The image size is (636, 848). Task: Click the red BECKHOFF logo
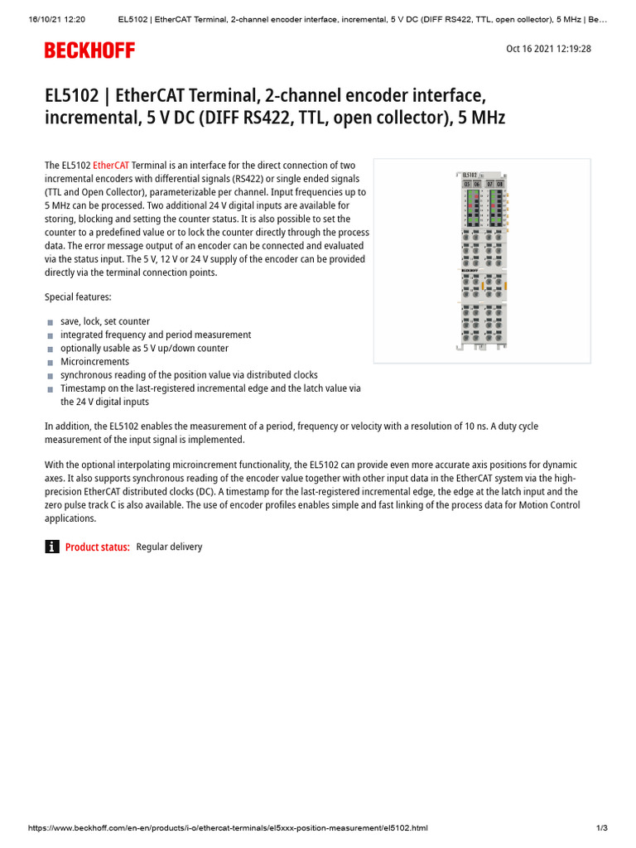coord(89,51)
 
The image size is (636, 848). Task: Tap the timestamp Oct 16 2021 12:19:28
coord(548,49)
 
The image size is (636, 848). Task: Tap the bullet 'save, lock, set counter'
coord(105,321)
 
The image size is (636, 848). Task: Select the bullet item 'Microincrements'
coord(94,362)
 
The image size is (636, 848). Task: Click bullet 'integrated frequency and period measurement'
coord(156,335)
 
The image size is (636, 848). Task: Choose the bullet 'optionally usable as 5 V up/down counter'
coord(144,349)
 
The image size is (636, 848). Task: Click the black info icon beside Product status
coord(52,547)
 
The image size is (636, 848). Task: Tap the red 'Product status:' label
coord(97,547)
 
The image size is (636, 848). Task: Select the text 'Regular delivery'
coord(169,547)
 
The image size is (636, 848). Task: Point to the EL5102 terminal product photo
coord(482,261)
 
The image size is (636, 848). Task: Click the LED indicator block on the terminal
coord(483,208)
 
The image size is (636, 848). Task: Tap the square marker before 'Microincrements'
coord(51,363)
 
